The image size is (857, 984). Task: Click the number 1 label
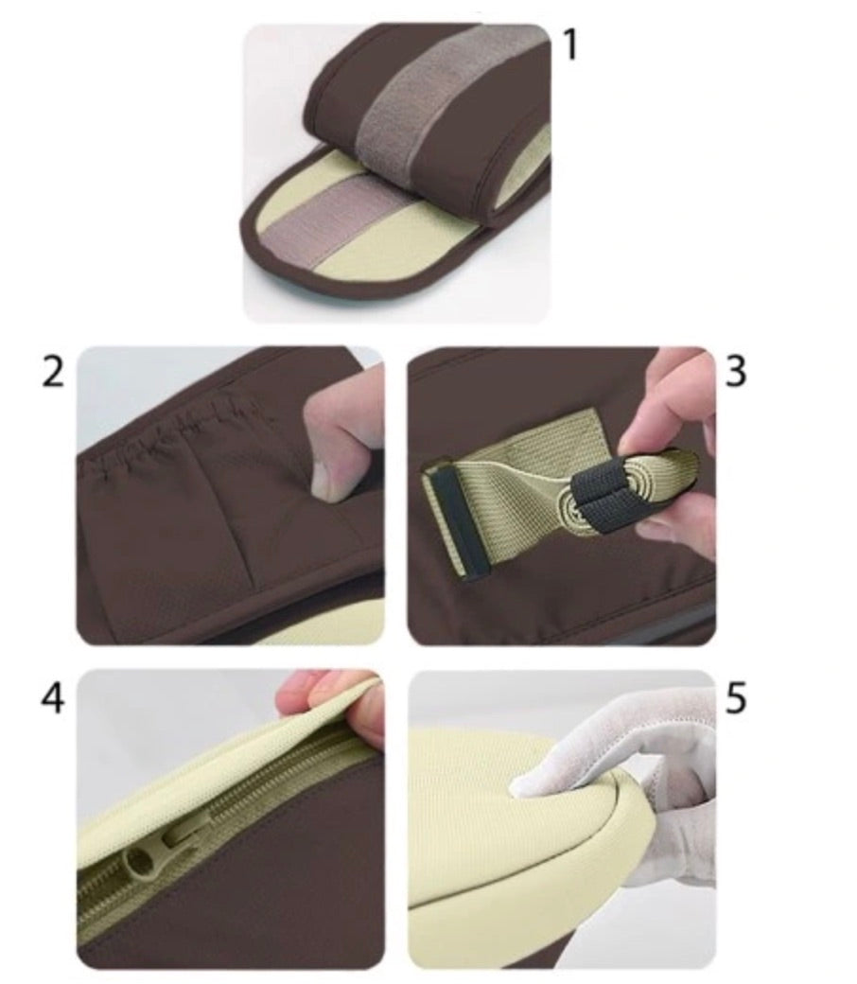click(570, 45)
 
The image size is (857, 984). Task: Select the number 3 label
click(735, 371)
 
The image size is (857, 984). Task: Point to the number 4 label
click(53, 697)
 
